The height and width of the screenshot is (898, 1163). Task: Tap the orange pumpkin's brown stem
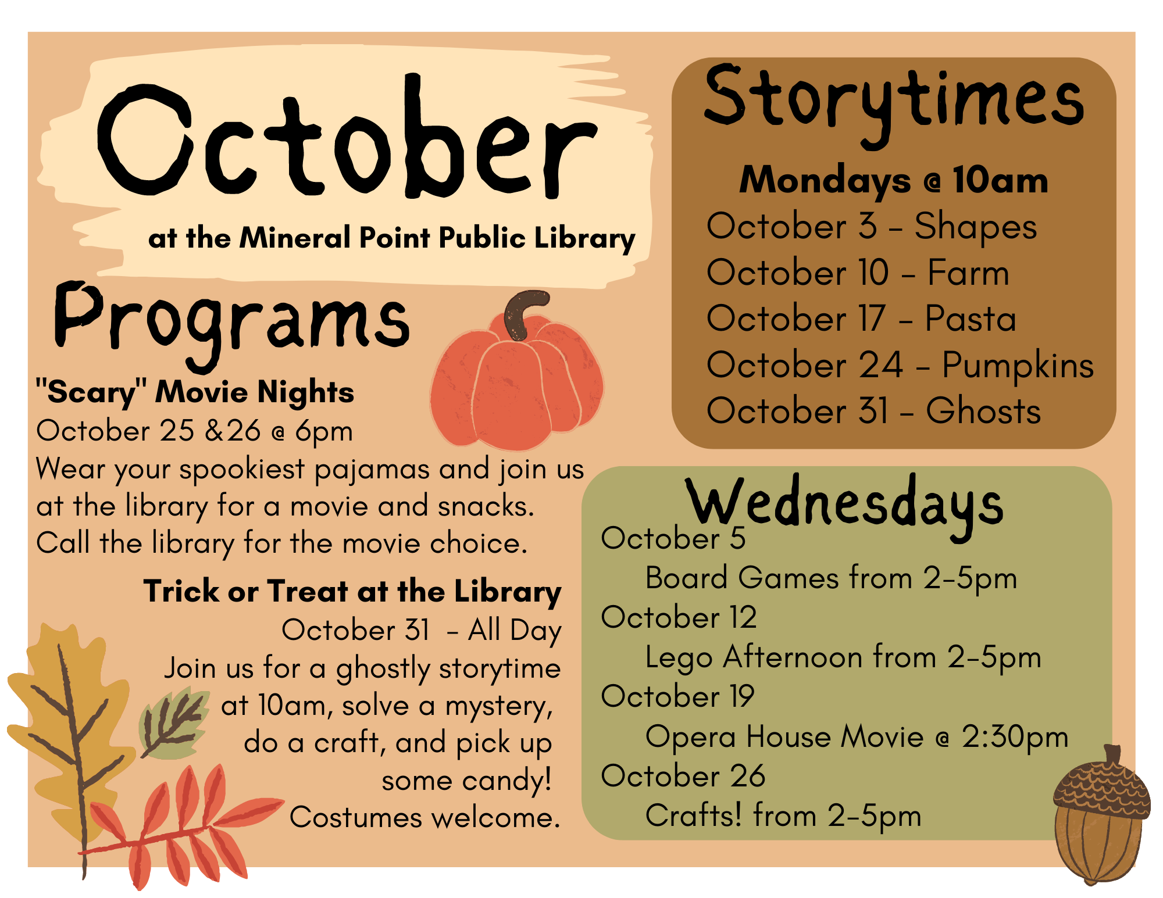click(x=520, y=314)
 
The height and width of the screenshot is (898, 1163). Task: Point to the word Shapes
click(x=975, y=226)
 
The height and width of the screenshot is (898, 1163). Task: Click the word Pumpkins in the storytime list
click(x=1018, y=366)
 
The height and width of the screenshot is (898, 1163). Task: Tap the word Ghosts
click(x=983, y=411)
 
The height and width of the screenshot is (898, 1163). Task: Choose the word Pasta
click(x=970, y=319)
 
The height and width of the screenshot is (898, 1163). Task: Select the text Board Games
click(x=741, y=578)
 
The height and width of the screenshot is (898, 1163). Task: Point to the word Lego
click(x=679, y=658)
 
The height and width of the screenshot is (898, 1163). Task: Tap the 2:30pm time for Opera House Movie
click(x=1014, y=737)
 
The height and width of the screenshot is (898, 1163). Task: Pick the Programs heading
click(x=231, y=323)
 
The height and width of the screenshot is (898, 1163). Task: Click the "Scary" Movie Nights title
click(x=195, y=392)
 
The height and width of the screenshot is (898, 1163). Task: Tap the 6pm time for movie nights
click(x=323, y=431)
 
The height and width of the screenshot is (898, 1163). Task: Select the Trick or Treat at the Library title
click(x=352, y=592)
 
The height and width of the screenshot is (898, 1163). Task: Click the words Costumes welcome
click(x=424, y=818)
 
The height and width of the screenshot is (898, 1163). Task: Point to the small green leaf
click(x=173, y=724)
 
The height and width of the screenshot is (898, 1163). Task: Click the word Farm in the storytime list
click(x=968, y=273)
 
